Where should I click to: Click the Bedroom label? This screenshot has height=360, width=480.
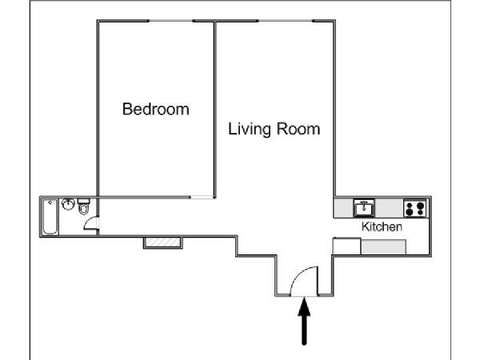point(156,110)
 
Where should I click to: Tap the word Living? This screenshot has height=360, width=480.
point(250,129)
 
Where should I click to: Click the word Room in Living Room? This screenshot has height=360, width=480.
point(298,129)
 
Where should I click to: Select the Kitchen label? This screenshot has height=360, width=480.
point(382,227)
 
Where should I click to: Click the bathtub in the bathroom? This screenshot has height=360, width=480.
point(50,217)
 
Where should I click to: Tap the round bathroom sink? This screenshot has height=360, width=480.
point(68,204)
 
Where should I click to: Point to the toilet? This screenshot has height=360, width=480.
point(83,206)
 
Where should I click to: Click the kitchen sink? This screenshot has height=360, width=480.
point(364,208)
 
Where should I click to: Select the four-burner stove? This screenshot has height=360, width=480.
point(415,208)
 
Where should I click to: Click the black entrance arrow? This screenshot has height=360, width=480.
point(304,321)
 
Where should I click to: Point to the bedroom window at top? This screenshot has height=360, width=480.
point(170,21)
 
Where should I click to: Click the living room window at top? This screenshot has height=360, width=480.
point(286,21)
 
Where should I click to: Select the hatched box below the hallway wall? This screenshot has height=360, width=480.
point(163,242)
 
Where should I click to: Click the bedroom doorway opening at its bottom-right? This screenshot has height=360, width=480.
point(202,198)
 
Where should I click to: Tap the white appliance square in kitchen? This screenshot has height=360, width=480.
point(347,246)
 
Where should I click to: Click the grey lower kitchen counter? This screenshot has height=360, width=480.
point(383,247)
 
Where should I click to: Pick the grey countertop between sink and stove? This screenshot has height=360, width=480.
point(389,208)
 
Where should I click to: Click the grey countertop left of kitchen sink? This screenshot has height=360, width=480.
point(344,208)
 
